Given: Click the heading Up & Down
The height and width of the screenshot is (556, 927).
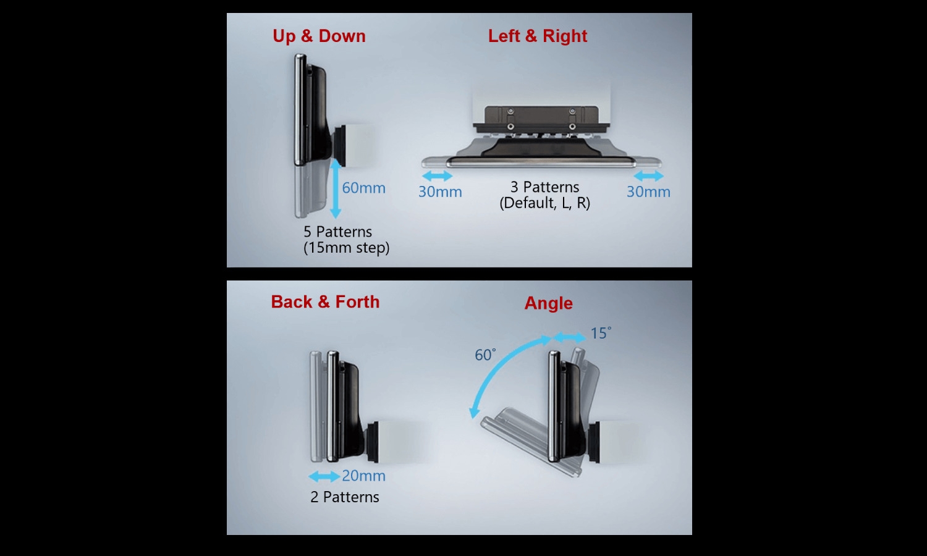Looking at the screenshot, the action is (319, 36).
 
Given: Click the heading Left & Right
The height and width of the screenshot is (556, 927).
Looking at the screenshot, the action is (538, 36).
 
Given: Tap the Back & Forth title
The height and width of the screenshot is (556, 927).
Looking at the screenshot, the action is (325, 302).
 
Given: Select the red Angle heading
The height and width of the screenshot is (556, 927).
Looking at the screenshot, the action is (548, 304).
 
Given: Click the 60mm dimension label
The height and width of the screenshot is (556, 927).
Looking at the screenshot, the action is (364, 188).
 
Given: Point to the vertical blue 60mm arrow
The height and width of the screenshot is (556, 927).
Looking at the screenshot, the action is (336, 188).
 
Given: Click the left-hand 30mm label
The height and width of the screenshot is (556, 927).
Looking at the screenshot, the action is (440, 192).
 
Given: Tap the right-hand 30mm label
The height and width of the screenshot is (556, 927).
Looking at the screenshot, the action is (648, 192).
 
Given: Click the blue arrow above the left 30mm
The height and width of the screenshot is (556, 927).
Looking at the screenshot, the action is (438, 176).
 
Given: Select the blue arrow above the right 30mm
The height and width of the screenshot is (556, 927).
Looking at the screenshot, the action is (648, 176).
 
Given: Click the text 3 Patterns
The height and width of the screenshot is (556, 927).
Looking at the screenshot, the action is (544, 187).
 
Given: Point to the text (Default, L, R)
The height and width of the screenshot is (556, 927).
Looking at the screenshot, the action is (544, 203).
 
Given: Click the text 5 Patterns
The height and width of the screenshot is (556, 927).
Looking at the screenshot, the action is (337, 232).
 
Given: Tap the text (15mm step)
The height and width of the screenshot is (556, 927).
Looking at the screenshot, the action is (346, 248).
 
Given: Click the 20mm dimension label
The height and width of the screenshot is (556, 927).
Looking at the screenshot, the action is (364, 476).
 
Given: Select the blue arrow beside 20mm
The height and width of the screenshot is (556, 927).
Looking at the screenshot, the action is (324, 476).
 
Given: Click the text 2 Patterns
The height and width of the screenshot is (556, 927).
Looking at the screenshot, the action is (345, 497).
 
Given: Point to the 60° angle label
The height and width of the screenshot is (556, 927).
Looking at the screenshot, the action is (485, 355).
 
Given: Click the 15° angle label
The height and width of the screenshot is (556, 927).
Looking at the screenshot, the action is (601, 333).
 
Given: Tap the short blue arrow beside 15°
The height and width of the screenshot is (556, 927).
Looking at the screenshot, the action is (570, 337).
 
